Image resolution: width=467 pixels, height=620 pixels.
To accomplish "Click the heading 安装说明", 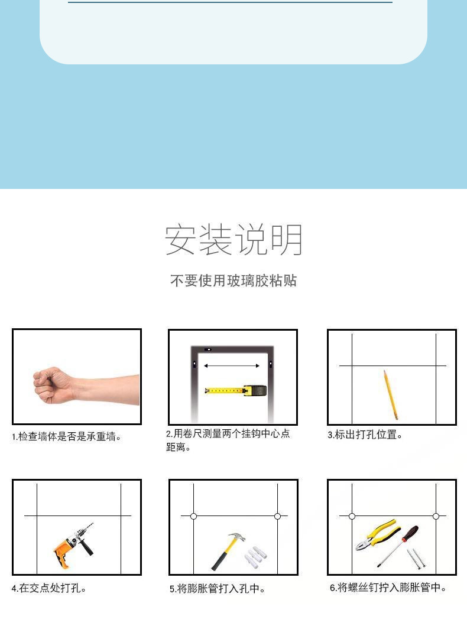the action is tap(234, 240).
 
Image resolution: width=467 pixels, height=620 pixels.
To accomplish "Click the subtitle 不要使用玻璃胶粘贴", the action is tap(234, 280).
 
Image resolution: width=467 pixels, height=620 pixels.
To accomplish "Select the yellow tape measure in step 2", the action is tap(236, 391).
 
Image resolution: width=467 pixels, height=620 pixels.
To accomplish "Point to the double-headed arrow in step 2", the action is tap(232, 366).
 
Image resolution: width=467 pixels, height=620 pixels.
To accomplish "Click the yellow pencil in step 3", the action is tap(390, 394).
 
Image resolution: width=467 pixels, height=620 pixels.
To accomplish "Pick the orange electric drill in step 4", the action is tap(74, 545).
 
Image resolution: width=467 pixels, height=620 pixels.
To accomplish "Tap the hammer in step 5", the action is tap(227, 551).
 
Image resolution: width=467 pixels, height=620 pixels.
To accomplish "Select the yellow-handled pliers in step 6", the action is tap(378, 534).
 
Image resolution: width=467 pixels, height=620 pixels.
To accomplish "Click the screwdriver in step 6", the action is tap(397, 546).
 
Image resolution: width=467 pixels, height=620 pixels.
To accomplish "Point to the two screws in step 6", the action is tap(416, 559).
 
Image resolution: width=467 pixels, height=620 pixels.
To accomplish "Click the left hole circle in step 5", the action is tap(193, 516).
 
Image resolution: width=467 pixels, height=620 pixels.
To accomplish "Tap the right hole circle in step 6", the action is tap(436, 516).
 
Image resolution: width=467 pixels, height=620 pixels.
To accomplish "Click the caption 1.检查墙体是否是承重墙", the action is tap(66, 436).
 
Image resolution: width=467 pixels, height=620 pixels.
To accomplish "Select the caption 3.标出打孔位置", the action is tap(365, 435).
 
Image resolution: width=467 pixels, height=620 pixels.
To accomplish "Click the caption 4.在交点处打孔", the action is tap(49, 588).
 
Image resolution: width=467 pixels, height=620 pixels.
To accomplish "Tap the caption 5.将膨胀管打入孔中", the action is tap(218, 589).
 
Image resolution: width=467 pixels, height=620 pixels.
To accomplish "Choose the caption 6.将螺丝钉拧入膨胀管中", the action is tap(388, 588).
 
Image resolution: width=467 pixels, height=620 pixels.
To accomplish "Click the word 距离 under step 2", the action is tap(176, 447).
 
